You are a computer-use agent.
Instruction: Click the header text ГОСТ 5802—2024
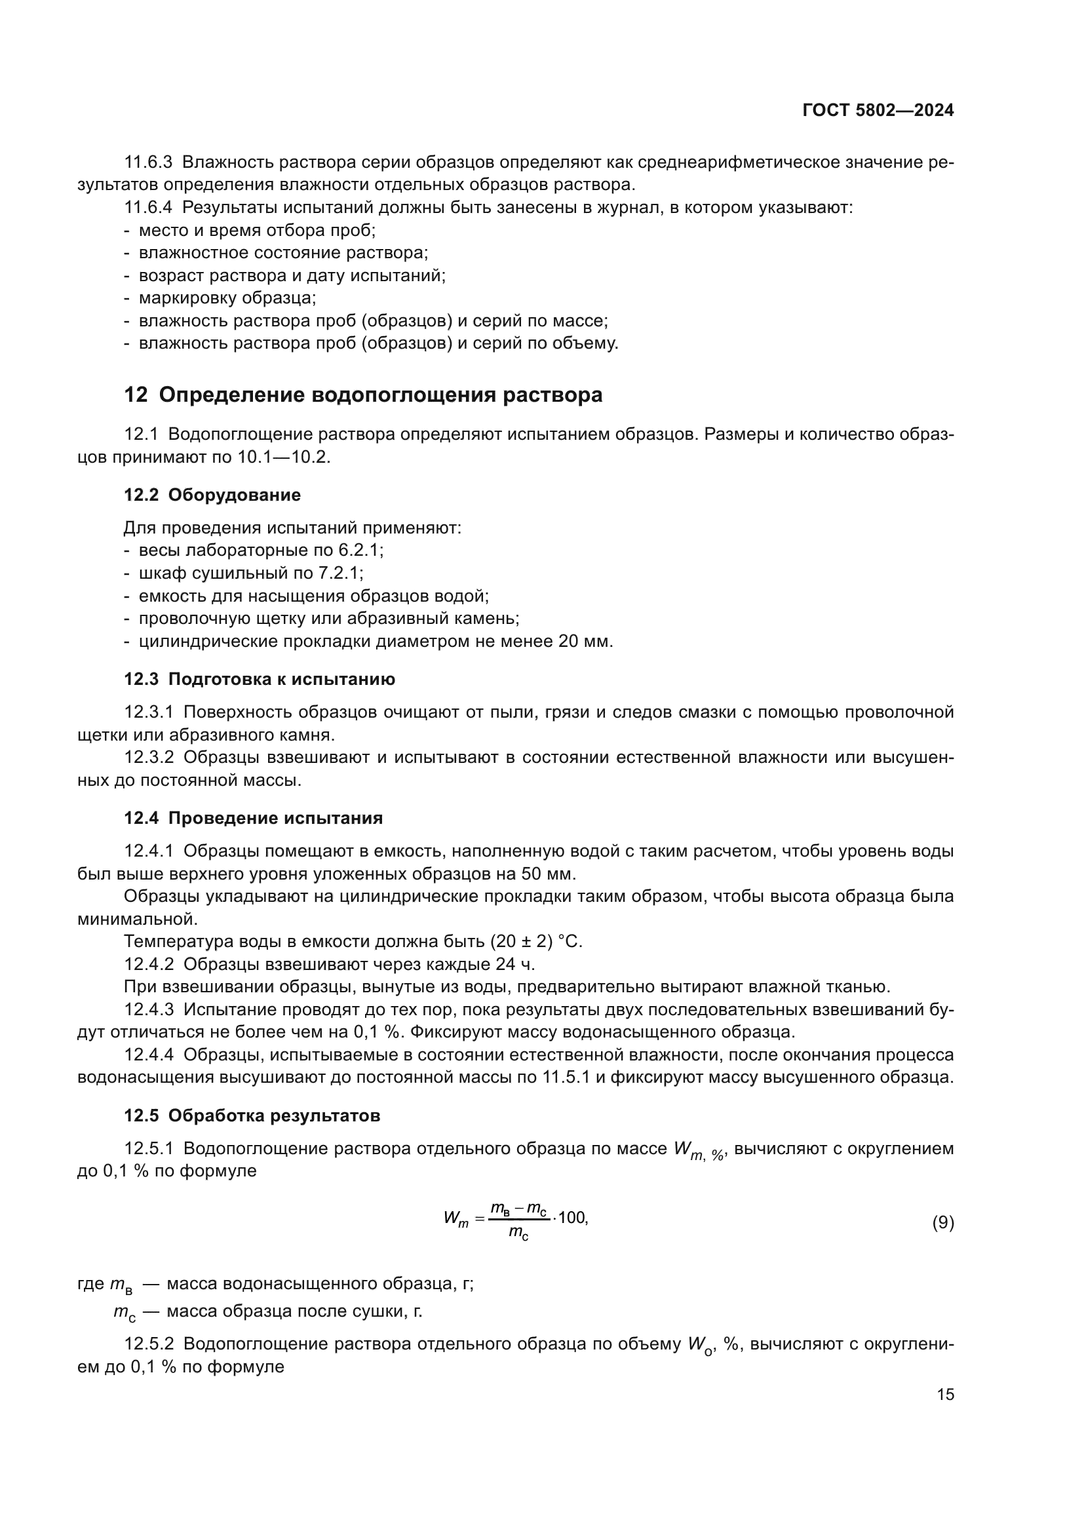coord(878,111)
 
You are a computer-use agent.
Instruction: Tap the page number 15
coord(945,1395)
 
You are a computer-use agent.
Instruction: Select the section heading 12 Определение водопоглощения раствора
coord(363,395)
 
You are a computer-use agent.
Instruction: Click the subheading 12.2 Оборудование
coord(212,495)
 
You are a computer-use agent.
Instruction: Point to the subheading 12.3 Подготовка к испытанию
coord(260,679)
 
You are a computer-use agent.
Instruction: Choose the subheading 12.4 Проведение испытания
coord(254,818)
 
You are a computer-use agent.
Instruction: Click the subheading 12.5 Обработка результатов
coord(252,1116)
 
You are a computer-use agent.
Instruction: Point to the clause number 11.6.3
coord(148,163)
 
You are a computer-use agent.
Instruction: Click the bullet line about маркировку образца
coord(227,298)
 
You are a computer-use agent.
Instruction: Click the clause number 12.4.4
coord(148,1056)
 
